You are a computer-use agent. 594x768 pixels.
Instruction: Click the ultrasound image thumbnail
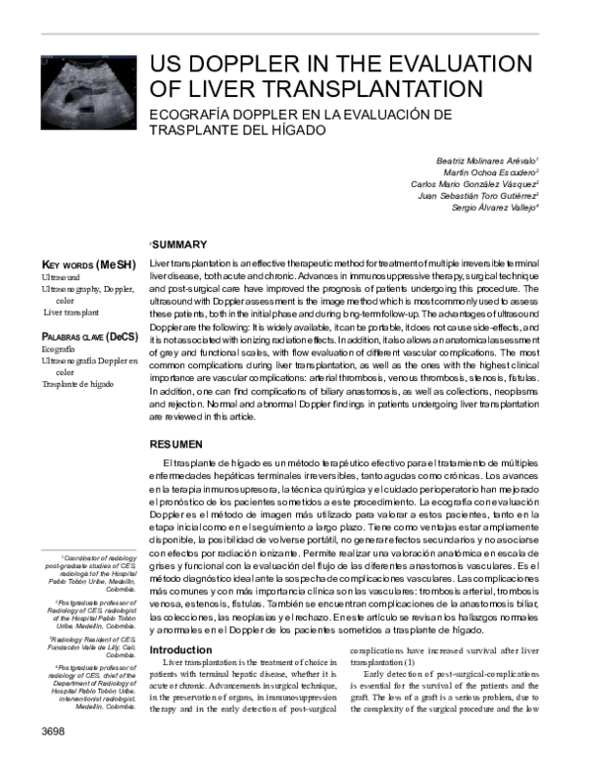pyautogui.click(x=87, y=92)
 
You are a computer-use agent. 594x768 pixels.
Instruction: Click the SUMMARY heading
pyautogui.click(x=178, y=244)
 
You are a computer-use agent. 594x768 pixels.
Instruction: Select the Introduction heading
pyautogui.click(x=179, y=649)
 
